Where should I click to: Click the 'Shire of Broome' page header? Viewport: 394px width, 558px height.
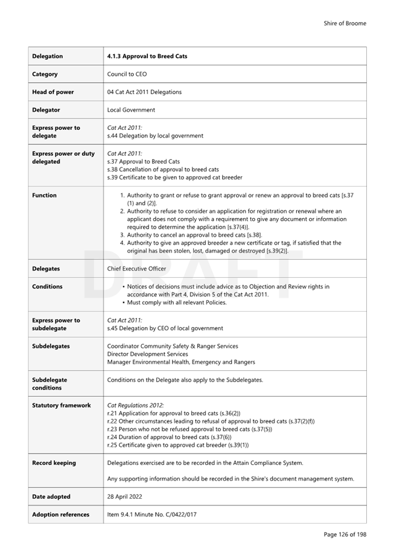click(345, 24)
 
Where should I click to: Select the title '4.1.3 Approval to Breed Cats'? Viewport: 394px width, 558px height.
click(147, 56)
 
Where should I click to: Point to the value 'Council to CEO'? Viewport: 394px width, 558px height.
click(127, 74)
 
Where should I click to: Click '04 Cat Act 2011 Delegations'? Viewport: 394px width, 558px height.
click(144, 92)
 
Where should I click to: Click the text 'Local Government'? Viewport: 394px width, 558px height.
click(131, 110)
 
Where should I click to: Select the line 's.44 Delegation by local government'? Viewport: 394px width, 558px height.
click(155, 136)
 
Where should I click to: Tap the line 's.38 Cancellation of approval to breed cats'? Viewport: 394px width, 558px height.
click(163, 170)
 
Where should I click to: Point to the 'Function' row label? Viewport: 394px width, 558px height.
click(44, 195)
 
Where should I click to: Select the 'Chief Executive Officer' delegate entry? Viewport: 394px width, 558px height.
click(137, 269)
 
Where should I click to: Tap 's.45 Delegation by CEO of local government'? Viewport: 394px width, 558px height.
click(165, 329)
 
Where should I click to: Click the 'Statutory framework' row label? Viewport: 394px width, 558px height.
click(61, 405)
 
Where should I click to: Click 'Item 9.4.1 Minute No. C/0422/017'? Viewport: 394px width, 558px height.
click(151, 515)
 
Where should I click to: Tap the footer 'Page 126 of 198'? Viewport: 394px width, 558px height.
click(345, 534)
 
